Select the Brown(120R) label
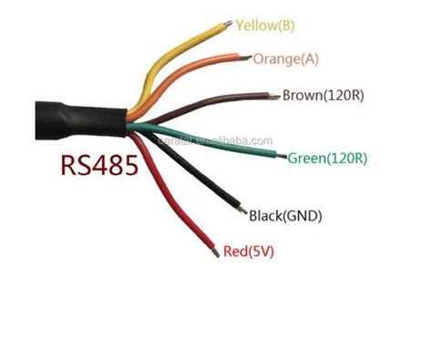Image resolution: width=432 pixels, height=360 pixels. tap(320, 95)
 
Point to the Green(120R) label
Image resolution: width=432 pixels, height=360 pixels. tap(327, 159)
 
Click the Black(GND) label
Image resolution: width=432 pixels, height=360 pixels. tap(285, 216)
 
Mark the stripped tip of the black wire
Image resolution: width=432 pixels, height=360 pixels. tap(241, 210)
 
